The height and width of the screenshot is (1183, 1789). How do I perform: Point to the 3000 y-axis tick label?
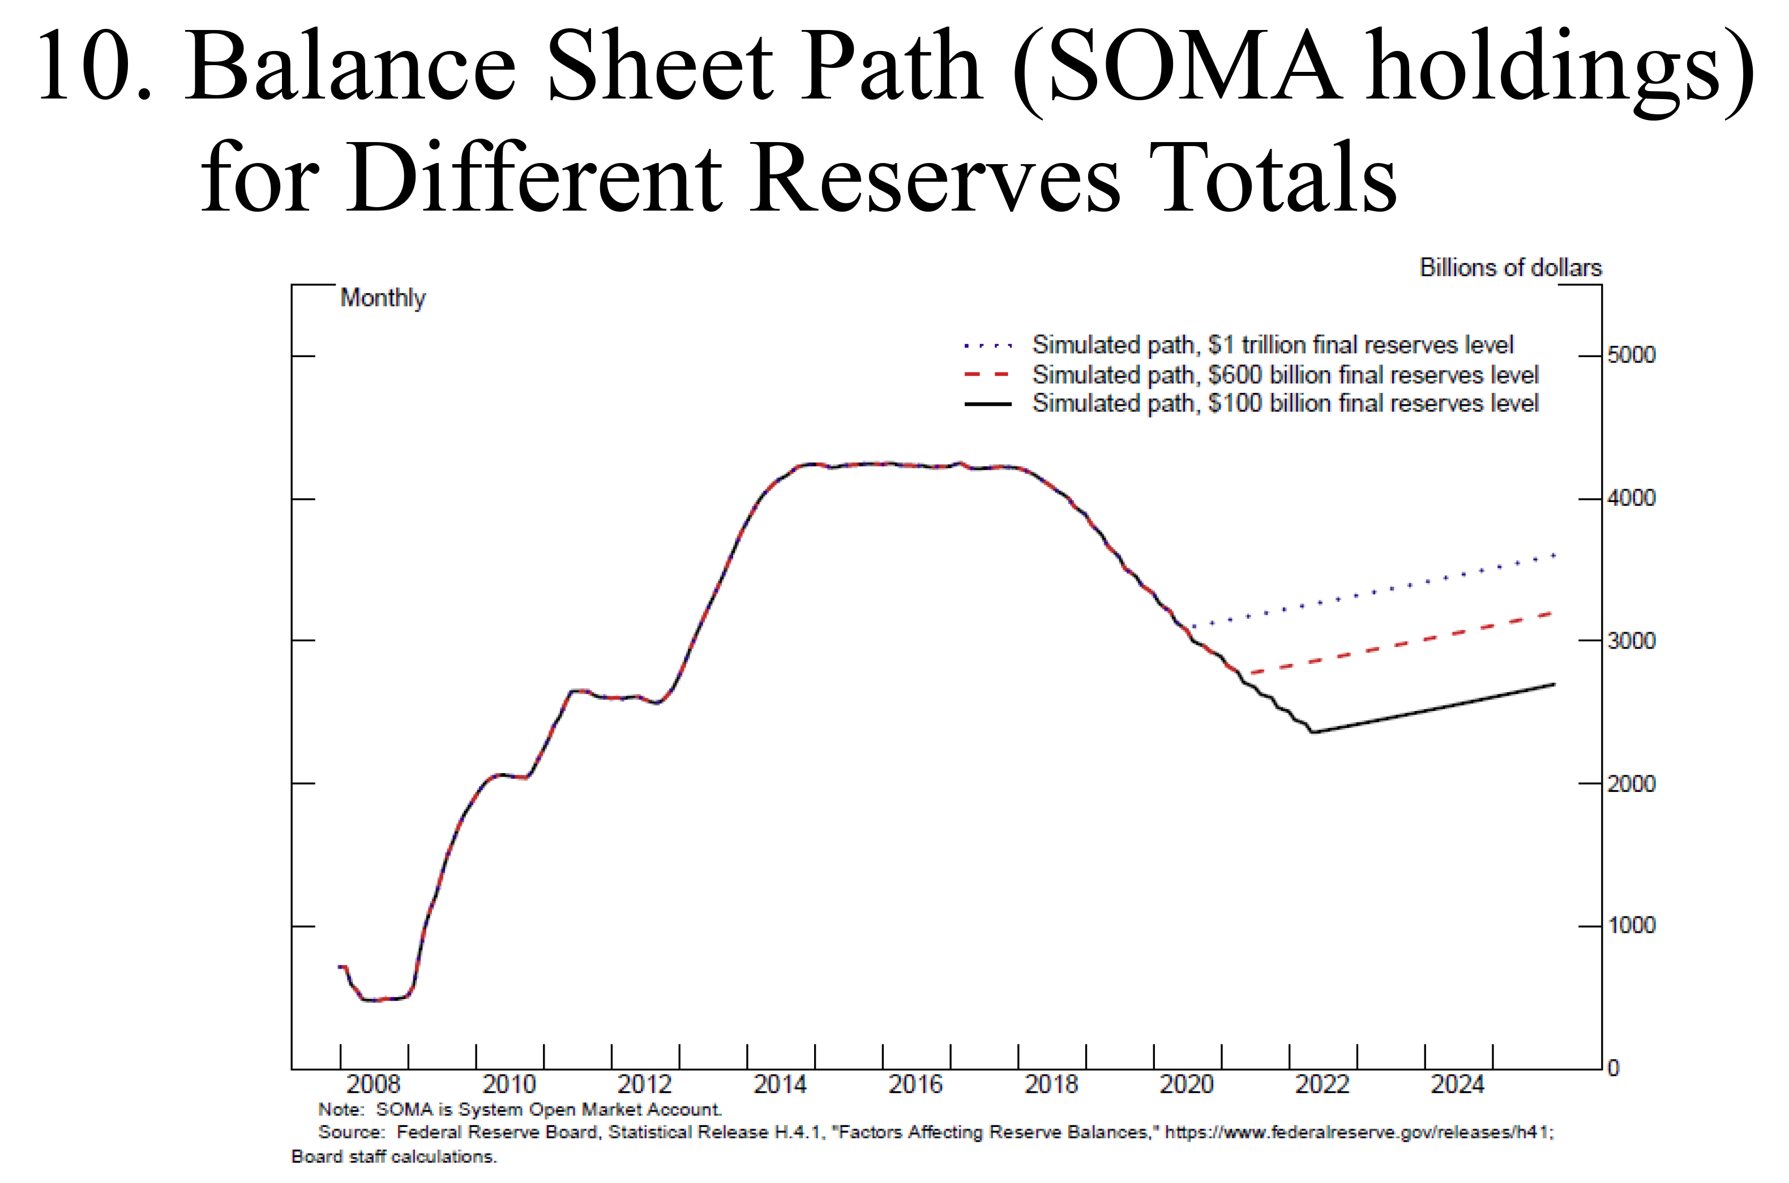click(1631, 641)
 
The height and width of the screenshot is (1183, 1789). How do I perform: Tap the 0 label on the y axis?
click(1613, 1068)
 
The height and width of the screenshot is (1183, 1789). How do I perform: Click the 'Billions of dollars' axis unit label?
click(1510, 268)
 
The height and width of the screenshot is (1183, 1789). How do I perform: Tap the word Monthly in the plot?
click(383, 298)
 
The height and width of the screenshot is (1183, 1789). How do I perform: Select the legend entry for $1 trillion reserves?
click(1273, 345)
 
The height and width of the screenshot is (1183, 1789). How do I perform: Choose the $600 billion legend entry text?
click(1285, 374)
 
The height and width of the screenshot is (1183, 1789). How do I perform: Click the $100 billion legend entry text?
click(1285, 404)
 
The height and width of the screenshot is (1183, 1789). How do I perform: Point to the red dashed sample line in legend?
click(987, 374)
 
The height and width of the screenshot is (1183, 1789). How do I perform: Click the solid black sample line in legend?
click(987, 404)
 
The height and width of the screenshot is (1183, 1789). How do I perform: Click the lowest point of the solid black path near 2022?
click(1313, 732)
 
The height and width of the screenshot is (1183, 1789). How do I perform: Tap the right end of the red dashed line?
click(1551, 612)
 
